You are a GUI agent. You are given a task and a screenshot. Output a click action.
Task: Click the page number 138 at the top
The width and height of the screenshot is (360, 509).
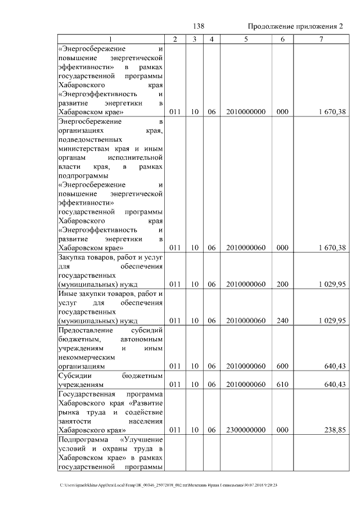coord(198,27)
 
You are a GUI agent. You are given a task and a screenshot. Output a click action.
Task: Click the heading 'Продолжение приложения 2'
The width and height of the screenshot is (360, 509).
coord(295,27)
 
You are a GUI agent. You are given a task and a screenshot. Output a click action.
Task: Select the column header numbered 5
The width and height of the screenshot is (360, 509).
coord(246,39)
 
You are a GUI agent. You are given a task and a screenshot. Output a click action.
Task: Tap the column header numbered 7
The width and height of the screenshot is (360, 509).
coord(321,39)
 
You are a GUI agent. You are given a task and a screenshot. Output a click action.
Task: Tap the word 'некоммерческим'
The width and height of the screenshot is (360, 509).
coord(86,357)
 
